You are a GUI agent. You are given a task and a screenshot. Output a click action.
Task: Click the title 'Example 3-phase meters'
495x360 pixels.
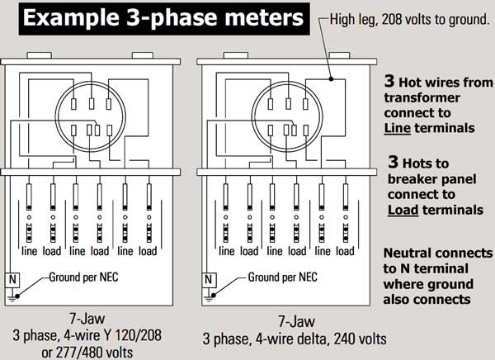tap(164, 17)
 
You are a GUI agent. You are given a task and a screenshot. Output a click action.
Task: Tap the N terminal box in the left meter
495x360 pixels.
tap(12, 280)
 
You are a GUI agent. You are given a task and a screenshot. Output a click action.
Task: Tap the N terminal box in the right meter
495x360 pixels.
tap(209, 280)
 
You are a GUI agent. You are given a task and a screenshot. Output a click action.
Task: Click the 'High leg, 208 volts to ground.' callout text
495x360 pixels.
tap(409, 20)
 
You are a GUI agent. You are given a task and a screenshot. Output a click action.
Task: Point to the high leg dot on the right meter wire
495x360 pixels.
tap(331, 79)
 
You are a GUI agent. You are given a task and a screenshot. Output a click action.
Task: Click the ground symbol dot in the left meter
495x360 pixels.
tap(17, 296)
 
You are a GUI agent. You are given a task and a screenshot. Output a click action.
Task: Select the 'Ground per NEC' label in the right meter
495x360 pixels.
tap(282, 277)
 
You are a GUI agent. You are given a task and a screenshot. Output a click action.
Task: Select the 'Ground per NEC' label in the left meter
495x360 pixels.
tap(83, 277)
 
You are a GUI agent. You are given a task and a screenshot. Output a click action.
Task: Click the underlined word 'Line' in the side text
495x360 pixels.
tap(397, 128)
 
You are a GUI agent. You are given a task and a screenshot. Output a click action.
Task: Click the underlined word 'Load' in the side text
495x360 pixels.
tap(403, 210)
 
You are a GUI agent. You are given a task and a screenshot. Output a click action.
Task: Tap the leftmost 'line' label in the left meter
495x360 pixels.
tap(30, 251)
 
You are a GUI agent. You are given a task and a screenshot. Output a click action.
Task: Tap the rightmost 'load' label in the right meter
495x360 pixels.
tap(345, 251)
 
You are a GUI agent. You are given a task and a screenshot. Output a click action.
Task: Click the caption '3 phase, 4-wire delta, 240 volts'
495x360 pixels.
tap(295, 339)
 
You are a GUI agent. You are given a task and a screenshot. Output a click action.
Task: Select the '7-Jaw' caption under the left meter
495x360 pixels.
tap(87, 318)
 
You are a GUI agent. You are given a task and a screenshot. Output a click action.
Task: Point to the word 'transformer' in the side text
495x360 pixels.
tap(422, 97)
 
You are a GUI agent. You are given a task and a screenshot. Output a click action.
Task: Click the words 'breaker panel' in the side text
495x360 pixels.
tap(431, 179)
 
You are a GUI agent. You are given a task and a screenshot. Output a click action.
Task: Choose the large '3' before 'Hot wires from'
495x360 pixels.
tap(389, 81)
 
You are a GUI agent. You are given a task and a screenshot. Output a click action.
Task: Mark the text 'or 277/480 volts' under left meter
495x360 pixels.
tap(87, 352)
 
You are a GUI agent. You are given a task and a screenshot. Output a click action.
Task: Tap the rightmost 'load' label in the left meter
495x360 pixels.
tap(148, 251)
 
